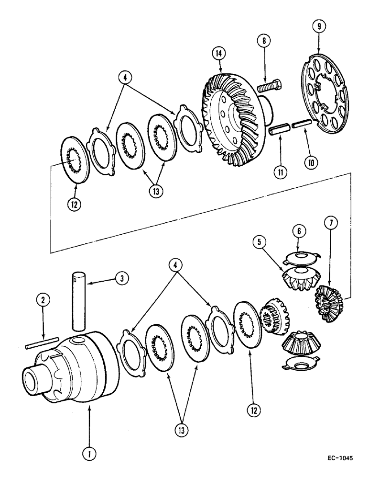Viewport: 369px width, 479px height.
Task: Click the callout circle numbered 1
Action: click(88, 451)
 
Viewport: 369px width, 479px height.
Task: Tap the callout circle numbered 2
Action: click(43, 300)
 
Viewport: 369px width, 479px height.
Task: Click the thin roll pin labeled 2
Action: click(39, 344)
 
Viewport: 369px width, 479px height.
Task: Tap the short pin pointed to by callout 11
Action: click(278, 130)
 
